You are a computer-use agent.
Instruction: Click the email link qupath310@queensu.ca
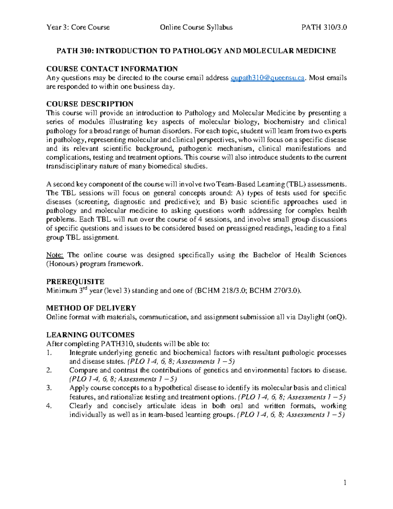pyautogui.click(x=268, y=78)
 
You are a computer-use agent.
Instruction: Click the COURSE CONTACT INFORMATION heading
pyautogui.click(x=112, y=69)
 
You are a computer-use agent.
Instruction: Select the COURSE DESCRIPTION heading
pyautogui.click(x=90, y=104)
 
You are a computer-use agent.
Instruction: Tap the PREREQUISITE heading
pyautogui.click(x=75, y=282)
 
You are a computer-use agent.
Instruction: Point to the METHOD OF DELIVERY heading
pyautogui.click(x=91, y=308)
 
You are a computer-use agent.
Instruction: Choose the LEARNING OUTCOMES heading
pyautogui.click(x=90, y=335)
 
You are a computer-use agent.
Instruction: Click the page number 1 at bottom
pyautogui.click(x=345, y=483)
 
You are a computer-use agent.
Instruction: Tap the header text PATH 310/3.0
pyautogui.click(x=324, y=28)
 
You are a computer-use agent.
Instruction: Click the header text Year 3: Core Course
pyautogui.click(x=78, y=28)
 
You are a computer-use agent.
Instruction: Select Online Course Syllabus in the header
pyautogui.click(x=196, y=28)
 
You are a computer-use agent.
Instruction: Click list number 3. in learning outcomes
pyautogui.click(x=49, y=388)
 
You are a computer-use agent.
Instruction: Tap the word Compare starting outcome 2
pyautogui.click(x=83, y=371)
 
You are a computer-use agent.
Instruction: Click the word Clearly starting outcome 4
pyautogui.click(x=81, y=406)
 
